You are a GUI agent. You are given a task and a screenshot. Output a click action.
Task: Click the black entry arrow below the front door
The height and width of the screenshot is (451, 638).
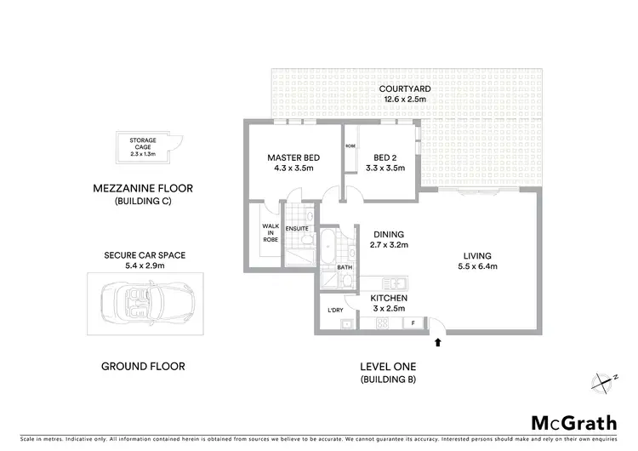point(439,342)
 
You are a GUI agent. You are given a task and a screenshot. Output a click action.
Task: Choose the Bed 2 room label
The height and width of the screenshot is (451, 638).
point(389,157)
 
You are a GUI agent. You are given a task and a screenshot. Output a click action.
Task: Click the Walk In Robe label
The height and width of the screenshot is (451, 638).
point(271,232)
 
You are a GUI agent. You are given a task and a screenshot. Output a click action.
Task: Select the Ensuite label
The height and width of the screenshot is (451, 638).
point(297,228)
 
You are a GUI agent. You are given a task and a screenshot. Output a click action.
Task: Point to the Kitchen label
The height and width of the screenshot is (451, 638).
point(388,297)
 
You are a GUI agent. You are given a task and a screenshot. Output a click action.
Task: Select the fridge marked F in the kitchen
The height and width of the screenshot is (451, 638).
point(413,323)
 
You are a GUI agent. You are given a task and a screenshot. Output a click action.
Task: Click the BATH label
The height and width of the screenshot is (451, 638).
point(345,266)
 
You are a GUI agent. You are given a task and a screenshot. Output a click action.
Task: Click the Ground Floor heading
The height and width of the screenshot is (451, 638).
point(143,367)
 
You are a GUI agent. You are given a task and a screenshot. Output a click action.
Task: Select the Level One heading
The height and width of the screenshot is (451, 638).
point(388,367)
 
